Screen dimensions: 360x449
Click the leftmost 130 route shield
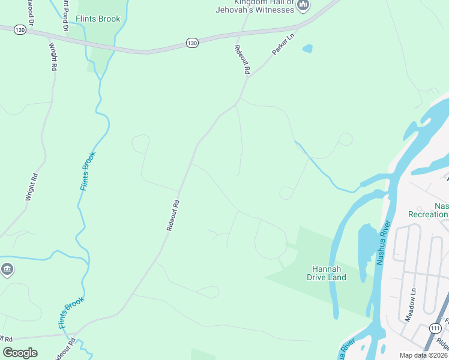pos(20,29)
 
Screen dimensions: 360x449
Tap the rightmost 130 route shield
pos(191,43)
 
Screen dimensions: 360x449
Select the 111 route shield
pos(436,328)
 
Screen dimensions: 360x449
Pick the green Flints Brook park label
pos(98,19)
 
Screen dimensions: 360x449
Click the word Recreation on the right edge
pos(428,214)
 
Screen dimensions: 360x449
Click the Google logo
pos(20,352)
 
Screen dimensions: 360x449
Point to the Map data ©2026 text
pos(423,355)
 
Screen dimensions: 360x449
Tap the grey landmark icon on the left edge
pos(7,269)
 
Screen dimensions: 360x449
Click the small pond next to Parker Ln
pos(307,48)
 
